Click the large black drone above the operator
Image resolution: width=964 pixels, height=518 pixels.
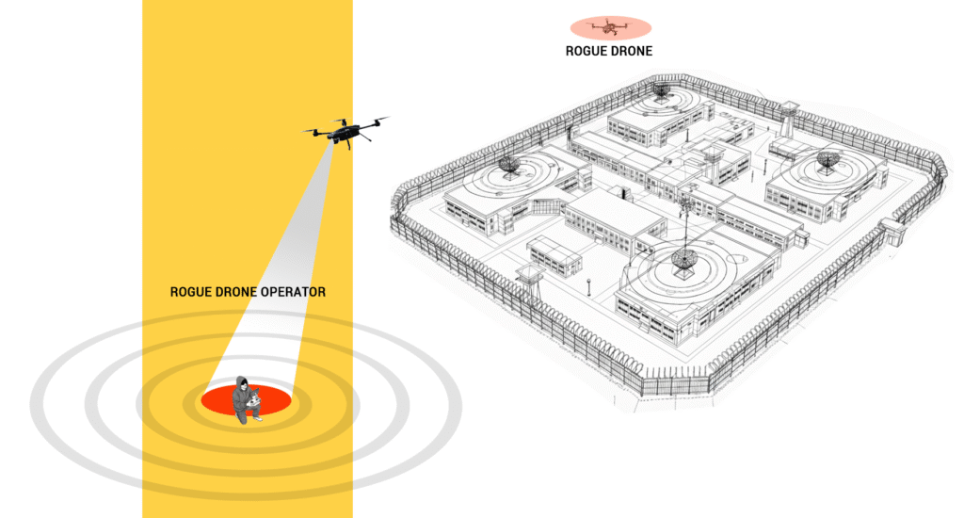[x=345, y=131]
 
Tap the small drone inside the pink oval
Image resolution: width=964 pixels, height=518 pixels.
[x=609, y=26]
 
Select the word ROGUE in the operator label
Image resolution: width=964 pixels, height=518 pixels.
[x=191, y=292]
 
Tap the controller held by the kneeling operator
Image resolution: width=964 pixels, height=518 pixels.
[x=253, y=402]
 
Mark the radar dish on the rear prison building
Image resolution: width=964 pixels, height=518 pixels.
[x=662, y=91]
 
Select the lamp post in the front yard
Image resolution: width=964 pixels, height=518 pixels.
[x=587, y=284]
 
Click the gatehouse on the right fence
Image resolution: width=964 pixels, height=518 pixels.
[x=892, y=230]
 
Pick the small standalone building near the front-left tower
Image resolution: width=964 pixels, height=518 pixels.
[x=555, y=256]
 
